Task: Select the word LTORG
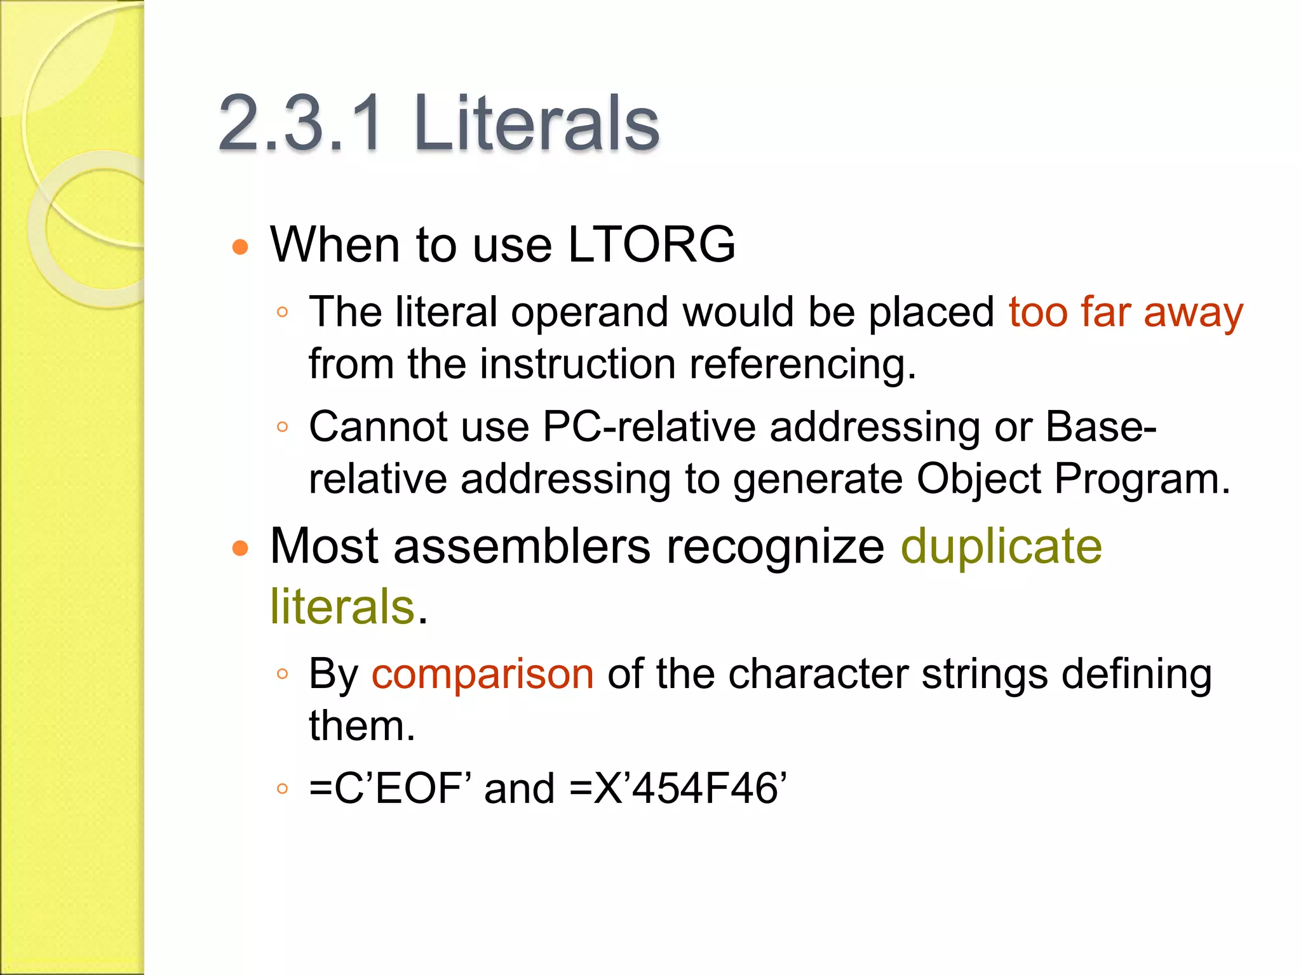pos(651,244)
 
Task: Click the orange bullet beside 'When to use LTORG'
pos(240,247)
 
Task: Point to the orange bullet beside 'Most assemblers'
pos(240,548)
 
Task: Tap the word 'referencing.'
pos(803,364)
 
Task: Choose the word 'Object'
pos(978,479)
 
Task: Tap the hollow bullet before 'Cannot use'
pos(283,427)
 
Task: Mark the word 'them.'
pos(362,726)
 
